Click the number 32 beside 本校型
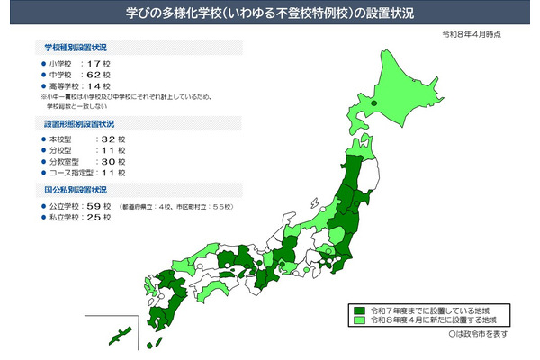click(x=110, y=139)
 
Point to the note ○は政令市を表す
click(x=482, y=332)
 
